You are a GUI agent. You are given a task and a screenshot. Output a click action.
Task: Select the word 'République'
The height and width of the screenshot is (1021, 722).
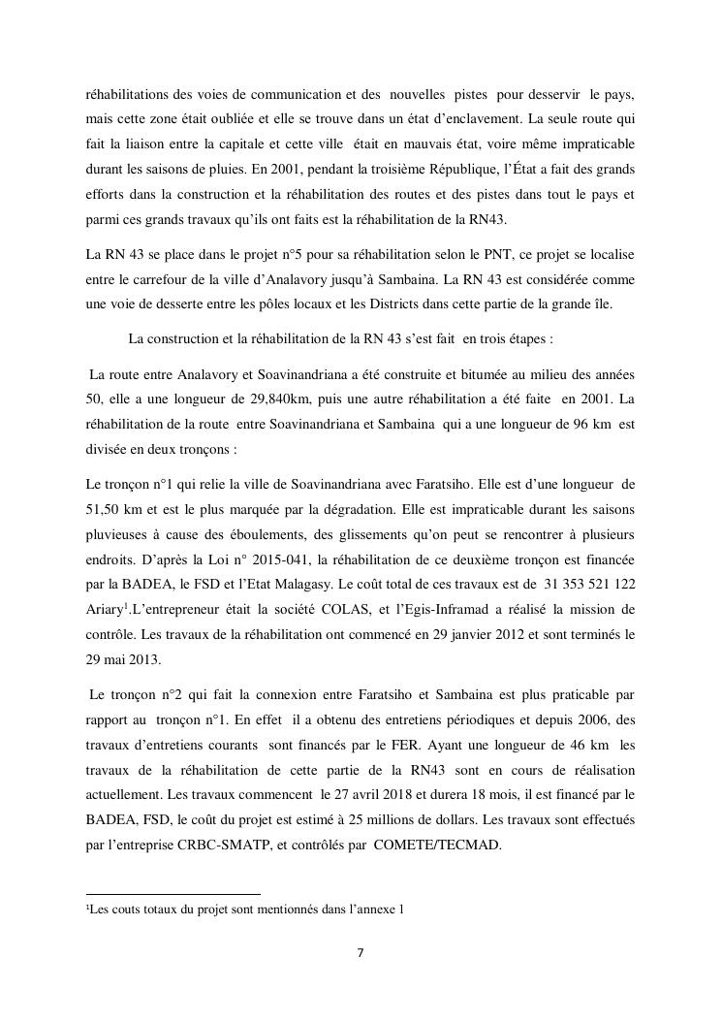(x=435, y=169)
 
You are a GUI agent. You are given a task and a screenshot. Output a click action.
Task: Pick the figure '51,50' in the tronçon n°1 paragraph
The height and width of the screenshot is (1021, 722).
(x=103, y=505)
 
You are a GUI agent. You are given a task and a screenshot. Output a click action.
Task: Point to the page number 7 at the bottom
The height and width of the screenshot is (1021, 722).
(x=361, y=953)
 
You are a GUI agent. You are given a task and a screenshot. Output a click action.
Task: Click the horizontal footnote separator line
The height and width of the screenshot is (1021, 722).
(x=173, y=894)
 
